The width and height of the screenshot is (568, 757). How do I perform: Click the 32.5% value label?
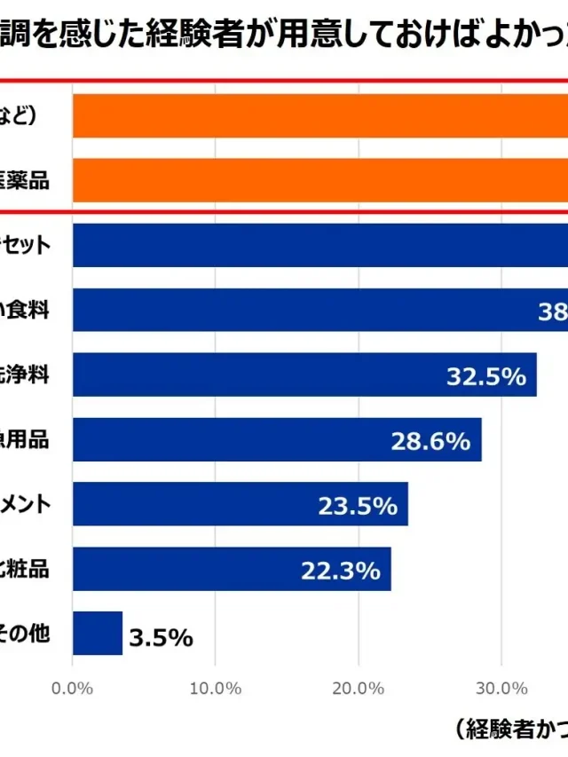[x=485, y=376]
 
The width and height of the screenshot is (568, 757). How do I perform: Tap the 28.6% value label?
[x=430, y=441]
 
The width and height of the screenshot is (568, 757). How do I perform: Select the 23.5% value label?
[x=357, y=506]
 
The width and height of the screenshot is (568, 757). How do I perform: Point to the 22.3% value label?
[x=340, y=571]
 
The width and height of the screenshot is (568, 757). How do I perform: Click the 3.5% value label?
[x=161, y=637]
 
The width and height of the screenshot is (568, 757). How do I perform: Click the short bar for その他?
[x=98, y=634]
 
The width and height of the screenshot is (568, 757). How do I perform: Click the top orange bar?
[x=319, y=115]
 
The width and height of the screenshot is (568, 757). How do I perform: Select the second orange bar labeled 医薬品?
[x=319, y=180]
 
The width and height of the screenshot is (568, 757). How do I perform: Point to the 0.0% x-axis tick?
[x=73, y=688]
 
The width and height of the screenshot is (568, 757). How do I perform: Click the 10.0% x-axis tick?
[x=216, y=688]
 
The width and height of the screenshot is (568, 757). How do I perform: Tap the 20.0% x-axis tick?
[x=359, y=688]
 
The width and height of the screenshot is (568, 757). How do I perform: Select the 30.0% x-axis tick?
[x=501, y=688]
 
